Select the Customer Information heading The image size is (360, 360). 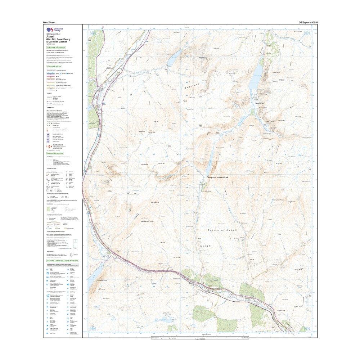point(56,47)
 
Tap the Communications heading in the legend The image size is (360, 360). point(54,67)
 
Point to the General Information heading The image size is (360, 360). point(56,153)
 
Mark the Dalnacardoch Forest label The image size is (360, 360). point(147,221)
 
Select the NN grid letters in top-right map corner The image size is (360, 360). point(307,33)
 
